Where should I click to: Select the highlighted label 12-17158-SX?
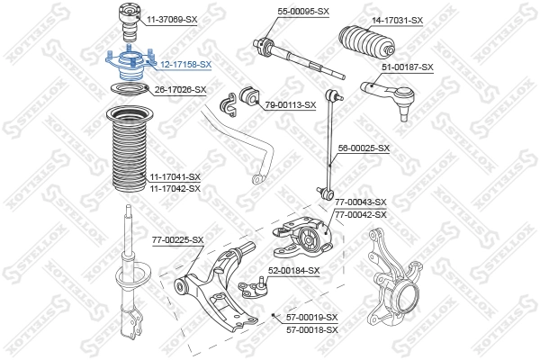click(186, 64)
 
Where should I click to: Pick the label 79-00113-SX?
click(291, 104)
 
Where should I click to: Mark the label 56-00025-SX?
click(364, 147)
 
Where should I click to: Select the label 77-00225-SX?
click(177, 239)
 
